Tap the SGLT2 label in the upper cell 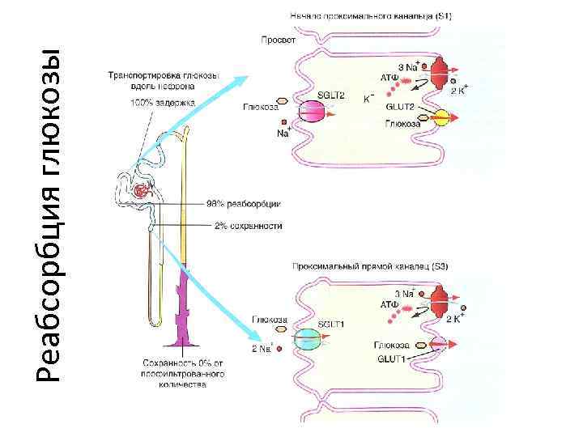[331, 95]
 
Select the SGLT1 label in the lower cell [331, 324]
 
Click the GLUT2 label [401, 107]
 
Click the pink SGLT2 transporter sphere [313, 112]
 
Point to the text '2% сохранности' [248, 226]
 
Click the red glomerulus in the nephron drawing [143, 191]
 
